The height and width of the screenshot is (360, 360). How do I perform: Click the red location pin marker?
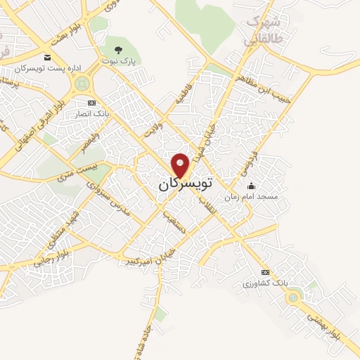point(181,165)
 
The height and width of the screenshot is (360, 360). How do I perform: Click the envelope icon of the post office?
point(47,57)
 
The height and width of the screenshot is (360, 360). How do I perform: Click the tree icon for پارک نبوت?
point(119,50)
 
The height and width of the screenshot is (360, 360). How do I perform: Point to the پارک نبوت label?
point(119,61)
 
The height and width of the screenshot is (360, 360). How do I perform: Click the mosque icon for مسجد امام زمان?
point(251,186)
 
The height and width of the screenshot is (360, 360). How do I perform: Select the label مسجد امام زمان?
point(251,197)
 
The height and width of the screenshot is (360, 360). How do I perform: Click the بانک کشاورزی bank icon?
point(265,272)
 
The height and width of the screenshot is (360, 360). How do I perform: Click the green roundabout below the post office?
point(82,84)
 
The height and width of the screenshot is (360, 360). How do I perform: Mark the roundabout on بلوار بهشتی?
point(292,298)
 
